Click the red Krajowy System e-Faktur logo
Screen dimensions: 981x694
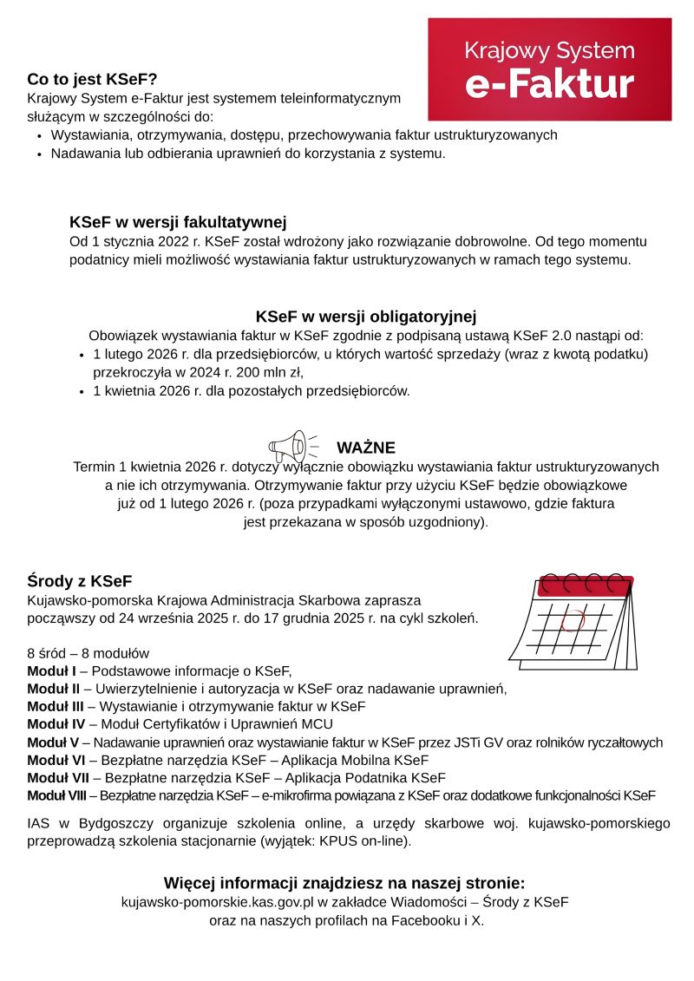tap(550, 69)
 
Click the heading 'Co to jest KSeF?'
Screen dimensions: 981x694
tap(92, 80)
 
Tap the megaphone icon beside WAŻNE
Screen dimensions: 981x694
tap(290, 447)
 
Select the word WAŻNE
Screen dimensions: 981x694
tap(366, 448)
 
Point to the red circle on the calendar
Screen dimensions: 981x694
tap(573, 621)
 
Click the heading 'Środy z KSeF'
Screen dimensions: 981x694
tap(80, 581)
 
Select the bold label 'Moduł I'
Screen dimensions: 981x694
tap(52, 670)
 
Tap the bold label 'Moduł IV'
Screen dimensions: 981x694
tap(55, 724)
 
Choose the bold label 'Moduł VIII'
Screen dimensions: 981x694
tap(56, 795)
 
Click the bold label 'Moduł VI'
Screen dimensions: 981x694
tap(54, 760)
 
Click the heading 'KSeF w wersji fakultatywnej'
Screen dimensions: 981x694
tap(178, 222)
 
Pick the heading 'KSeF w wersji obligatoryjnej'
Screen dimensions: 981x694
tap(366, 317)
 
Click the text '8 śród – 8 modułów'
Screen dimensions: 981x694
tap(88, 652)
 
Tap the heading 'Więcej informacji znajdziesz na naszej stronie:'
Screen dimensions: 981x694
tap(344, 883)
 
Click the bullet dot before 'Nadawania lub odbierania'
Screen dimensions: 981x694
tap(40, 154)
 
